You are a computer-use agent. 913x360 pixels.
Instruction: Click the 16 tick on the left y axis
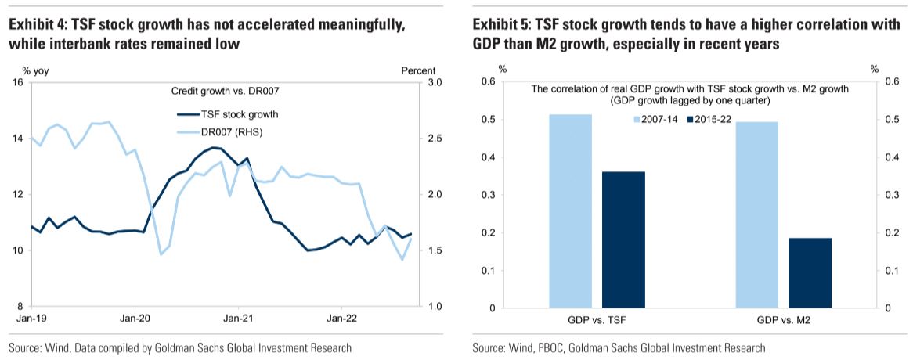pyautogui.click(x=17, y=82)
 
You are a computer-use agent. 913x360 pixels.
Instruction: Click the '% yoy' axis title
pyautogui.click(x=35, y=70)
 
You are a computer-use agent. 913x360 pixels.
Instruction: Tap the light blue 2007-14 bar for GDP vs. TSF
pyautogui.click(x=571, y=211)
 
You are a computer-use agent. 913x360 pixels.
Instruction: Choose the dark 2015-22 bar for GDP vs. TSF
pyautogui.click(x=623, y=239)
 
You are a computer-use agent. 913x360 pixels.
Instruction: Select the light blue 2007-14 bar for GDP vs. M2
pyautogui.click(x=757, y=214)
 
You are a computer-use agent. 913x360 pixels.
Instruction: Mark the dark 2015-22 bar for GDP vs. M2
pyautogui.click(x=810, y=273)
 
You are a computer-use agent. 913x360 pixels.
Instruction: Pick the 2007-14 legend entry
pyautogui.click(x=655, y=119)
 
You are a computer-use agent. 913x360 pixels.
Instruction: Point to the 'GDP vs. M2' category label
pyautogui.click(x=783, y=319)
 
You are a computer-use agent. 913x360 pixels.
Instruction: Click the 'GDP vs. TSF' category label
pyautogui.click(x=596, y=319)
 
